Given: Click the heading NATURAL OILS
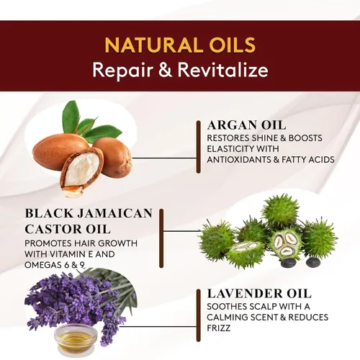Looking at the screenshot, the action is coord(180,45).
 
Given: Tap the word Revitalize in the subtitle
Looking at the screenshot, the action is coord(222,70).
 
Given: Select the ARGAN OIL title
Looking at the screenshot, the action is coord(247,125).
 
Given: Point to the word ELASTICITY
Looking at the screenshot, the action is coord(231,149).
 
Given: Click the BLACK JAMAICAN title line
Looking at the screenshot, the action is coord(89,213).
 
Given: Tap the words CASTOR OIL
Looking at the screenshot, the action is coord(68,229).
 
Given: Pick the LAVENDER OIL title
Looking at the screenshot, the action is coord(259,294).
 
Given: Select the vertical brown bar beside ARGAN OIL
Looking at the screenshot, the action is coord(198,147).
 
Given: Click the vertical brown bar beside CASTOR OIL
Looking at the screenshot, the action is coord(161,238).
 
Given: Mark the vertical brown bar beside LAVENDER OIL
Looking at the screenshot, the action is coord(198,315).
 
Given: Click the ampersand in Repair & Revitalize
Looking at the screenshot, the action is coord(166,70).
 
